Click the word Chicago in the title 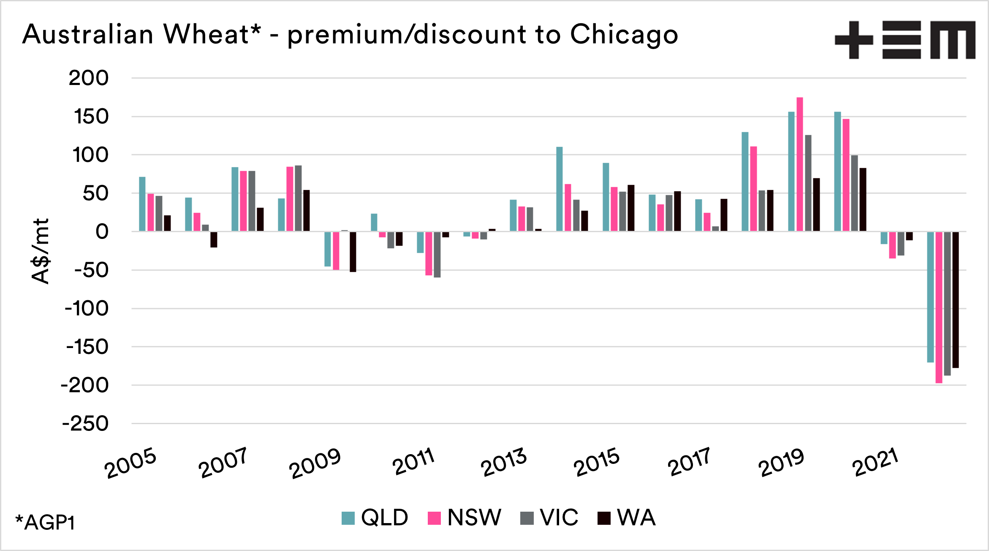coord(624,35)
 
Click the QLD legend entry coord(375,518)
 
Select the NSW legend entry coord(465,518)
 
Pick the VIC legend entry coord(549,518)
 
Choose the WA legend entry coord(627,518)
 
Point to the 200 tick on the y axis coord(89,78)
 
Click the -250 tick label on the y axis coord(86,424)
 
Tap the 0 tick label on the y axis coord(102,232)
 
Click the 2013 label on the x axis coord(504,463)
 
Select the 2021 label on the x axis coord(875,463)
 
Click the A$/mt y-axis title coord(41,251)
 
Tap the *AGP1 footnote coord(45,523)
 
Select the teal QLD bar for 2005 coord(142,204)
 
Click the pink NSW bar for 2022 coord(939,307)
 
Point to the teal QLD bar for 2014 coord(560,189)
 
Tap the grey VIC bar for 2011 coord(437,254)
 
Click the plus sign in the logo coord(854,40)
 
